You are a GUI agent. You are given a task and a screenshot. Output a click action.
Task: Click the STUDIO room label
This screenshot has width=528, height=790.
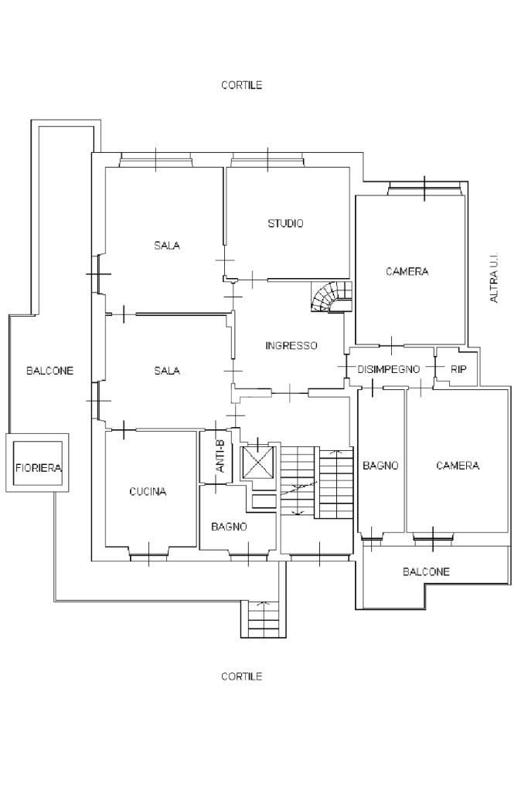285,223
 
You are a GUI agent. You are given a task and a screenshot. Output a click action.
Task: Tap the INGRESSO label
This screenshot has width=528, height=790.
291,346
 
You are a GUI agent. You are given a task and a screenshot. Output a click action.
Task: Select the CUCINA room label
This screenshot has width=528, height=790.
148,492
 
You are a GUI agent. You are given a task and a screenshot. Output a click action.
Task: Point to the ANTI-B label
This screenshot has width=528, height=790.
220,456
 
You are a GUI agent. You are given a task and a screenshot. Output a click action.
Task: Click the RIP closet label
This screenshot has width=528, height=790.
458,369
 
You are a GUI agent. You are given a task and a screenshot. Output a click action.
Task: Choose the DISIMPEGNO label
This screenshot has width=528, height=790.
389,369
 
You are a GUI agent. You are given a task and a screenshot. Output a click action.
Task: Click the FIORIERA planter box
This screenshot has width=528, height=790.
38,463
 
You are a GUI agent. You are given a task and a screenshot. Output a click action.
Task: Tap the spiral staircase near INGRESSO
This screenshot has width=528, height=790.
332,297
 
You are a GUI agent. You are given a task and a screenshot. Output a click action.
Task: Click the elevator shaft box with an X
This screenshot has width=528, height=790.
257,461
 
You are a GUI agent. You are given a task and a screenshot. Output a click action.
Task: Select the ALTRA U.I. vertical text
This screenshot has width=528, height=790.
494,277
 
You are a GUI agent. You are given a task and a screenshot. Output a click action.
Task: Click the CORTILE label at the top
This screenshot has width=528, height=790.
241,85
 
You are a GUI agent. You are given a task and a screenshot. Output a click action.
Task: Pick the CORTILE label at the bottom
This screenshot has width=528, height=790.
241,676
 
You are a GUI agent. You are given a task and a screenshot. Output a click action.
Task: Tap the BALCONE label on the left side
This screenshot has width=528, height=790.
50,371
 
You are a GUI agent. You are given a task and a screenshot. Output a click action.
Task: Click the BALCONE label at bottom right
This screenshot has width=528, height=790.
426,572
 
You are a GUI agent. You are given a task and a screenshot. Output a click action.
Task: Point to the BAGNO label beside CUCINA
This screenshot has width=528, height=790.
229,527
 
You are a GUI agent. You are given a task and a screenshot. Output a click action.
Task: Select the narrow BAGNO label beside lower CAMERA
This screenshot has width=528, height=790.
381,466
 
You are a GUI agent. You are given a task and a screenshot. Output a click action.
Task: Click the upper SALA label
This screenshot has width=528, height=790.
167,246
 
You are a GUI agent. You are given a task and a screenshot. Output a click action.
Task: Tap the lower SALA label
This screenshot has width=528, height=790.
167,371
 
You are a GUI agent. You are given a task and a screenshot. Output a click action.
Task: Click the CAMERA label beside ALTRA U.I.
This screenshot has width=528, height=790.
407,272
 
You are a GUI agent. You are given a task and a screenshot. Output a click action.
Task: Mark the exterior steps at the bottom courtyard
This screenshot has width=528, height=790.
264,619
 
